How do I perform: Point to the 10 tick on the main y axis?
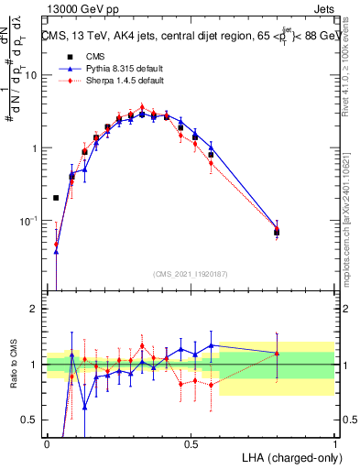[33, 75]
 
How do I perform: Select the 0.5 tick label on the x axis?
[191, 443]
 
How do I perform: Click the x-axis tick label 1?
[335, 443]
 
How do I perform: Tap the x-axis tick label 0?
[47, 443]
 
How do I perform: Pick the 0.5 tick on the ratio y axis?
[32, 420]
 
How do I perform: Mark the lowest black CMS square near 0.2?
[56, 198]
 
